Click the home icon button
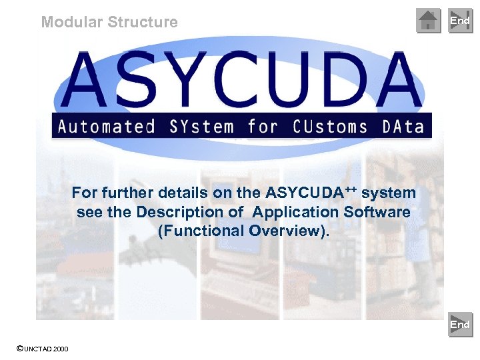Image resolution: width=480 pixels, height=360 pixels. click(x=429, y=21)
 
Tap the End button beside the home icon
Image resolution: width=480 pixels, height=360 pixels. click(x=460, y=21)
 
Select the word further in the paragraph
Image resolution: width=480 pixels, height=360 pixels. click(x=127, y=193)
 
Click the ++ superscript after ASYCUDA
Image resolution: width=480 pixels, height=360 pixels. click(x=351, y=190)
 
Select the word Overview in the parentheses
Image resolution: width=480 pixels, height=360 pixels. click(x=285, y=231)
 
